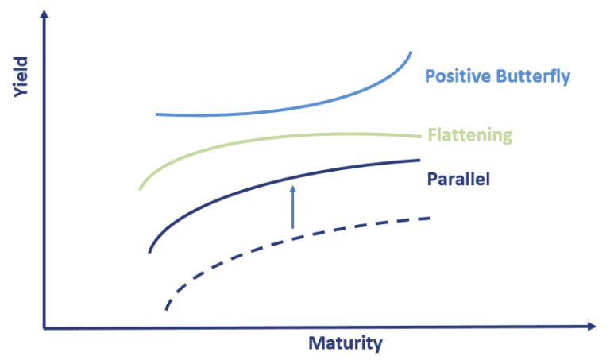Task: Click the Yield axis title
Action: pos(21,77)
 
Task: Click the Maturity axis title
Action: pos(346,344)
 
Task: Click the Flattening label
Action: pos(469,134)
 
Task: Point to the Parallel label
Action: pos(458,179)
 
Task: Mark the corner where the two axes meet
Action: pos(45,327)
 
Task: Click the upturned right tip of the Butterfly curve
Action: pos(411,53)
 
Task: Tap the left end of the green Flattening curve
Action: pos(140,188)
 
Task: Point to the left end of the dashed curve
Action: pos(166,308)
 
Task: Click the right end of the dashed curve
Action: pos(430,217)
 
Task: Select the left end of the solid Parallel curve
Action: pos(149,251)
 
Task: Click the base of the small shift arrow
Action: pos(293,228)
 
